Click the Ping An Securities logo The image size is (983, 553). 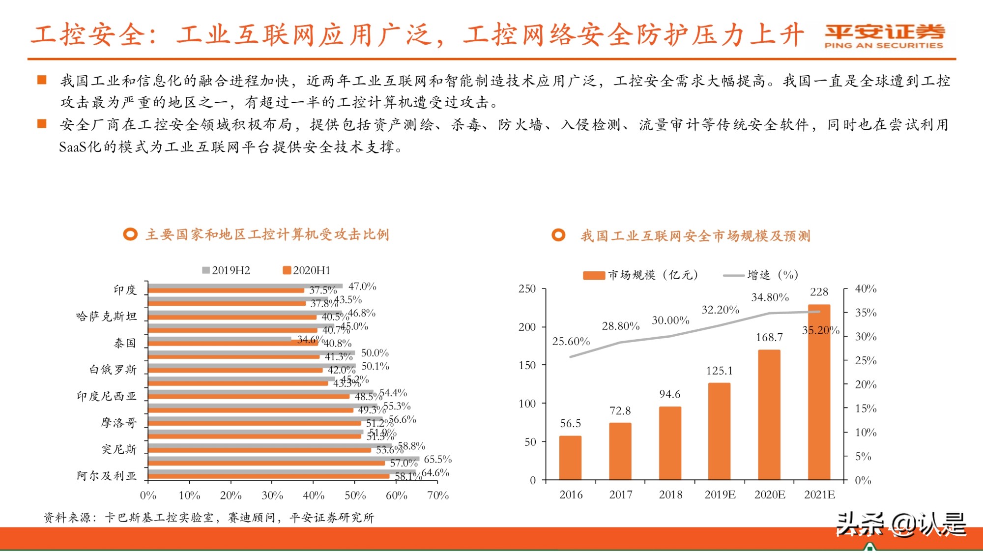(x=884, y=36)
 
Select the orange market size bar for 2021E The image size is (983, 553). (x=819, y=393)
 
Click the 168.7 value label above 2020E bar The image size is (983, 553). (x=769, y=338)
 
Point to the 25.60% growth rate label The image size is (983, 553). (x=571, y=342)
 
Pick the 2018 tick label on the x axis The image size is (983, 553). (x=670, y=495)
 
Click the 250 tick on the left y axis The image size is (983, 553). (x=527, y=289)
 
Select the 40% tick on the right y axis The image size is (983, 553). (x=866, y=289)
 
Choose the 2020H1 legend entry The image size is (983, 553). (x=307, y=270)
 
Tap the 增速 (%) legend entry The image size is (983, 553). (x=761, y=275)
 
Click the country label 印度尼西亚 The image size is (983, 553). (x=106, y=396)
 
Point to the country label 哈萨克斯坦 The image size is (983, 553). (x=106, y=317)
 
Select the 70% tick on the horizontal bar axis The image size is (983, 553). (x=437, y=495)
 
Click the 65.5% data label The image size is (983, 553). (x=437, y=460)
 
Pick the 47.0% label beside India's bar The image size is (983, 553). (x=362, y=287)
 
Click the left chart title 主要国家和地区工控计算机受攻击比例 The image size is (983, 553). (x=267, y=235)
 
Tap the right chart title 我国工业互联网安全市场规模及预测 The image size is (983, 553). (x=695, y=236)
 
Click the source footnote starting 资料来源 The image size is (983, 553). (x=209, y=518)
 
